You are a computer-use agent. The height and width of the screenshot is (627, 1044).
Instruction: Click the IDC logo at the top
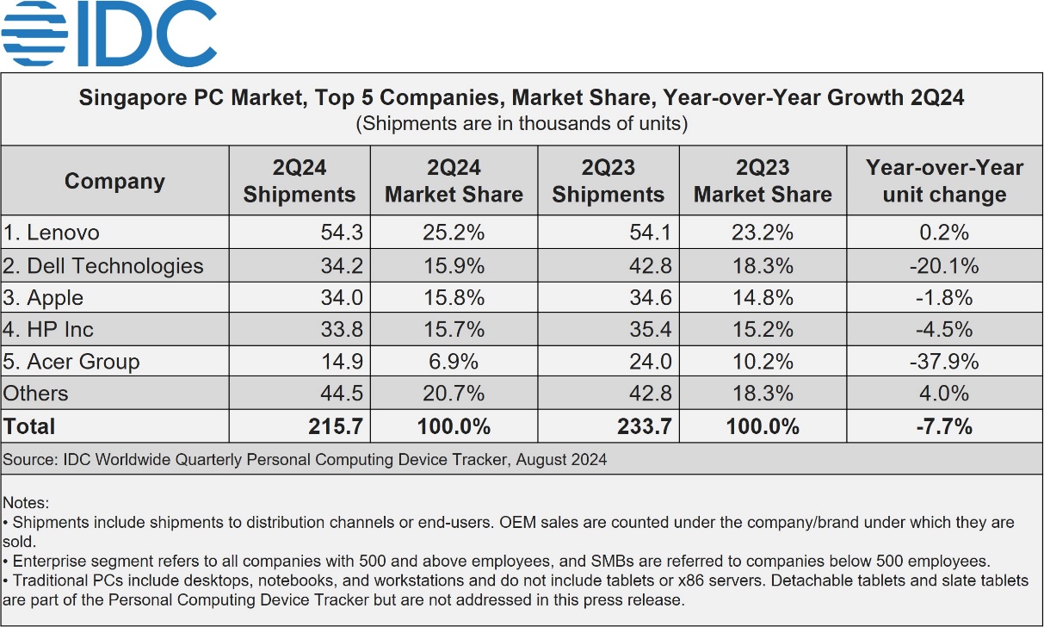109,34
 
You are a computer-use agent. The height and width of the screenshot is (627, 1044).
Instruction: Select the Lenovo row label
52,233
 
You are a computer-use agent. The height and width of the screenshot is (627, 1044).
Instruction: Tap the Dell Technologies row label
103,265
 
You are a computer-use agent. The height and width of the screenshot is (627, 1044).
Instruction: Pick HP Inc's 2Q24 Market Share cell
454,330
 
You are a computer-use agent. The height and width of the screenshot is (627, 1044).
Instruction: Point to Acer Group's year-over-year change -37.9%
944,362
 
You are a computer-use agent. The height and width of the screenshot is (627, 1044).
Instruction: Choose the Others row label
36,394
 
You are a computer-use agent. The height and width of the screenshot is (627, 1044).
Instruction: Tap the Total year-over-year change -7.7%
944,426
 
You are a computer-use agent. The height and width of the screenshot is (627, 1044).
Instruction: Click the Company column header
114,181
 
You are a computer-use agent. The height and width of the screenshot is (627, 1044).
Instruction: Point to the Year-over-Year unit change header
944,181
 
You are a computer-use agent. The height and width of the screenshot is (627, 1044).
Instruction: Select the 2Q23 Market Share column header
763,181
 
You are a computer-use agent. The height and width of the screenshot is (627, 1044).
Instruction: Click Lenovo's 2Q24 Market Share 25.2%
454,233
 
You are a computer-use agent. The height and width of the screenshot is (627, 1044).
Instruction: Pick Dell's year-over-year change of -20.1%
944,265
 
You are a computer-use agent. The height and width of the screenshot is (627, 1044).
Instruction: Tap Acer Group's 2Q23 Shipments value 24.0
652,362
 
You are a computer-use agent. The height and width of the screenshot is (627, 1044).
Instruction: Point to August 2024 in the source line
562,460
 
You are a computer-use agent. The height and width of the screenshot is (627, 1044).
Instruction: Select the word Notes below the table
27,502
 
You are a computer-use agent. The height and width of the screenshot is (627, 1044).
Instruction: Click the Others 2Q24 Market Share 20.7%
454,394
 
